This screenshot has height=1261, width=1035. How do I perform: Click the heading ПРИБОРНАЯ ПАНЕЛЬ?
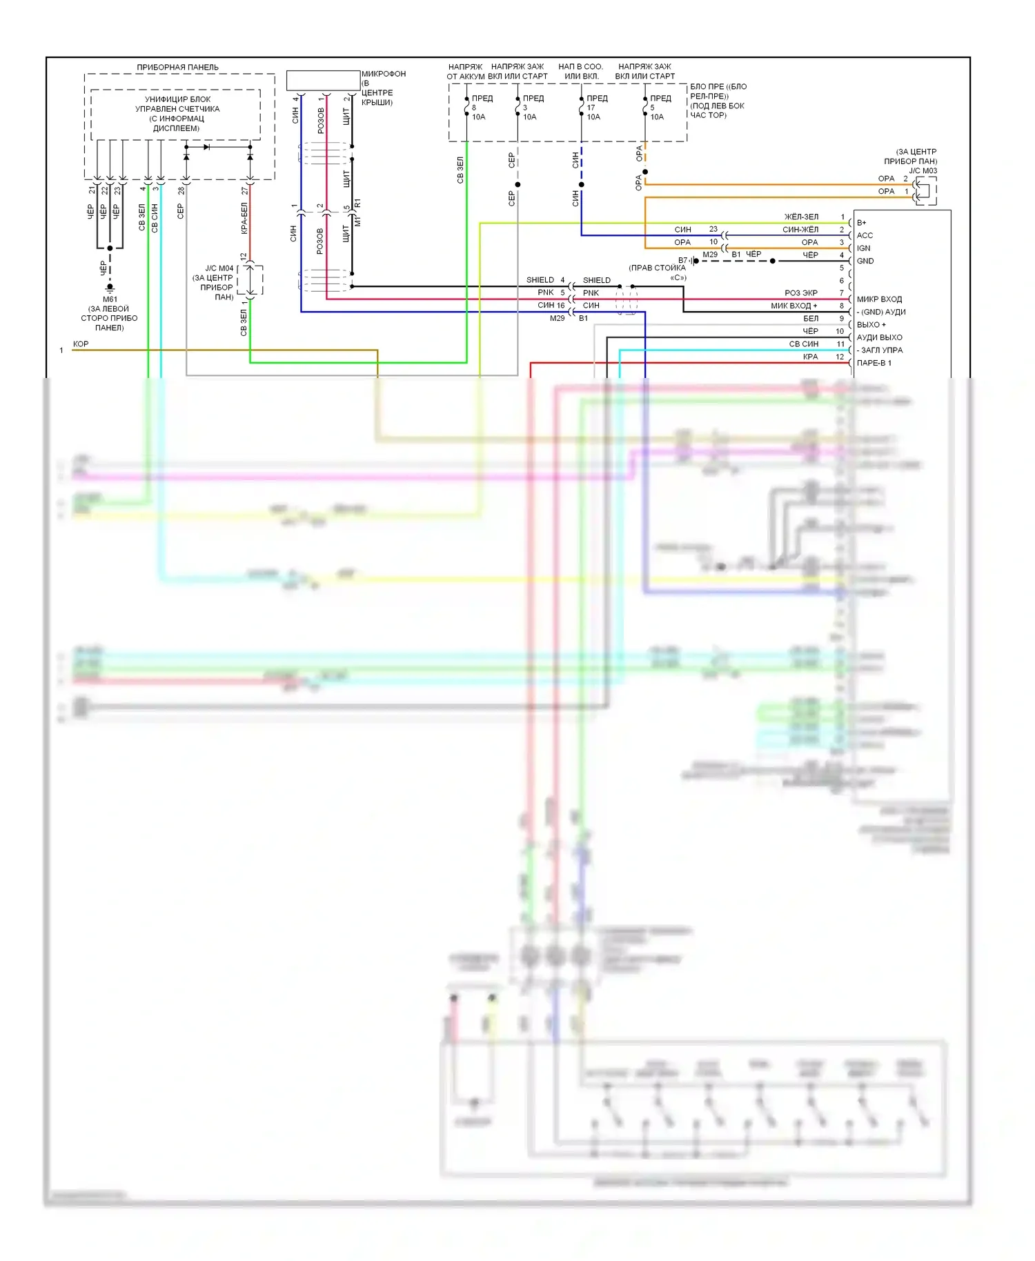point(177,67)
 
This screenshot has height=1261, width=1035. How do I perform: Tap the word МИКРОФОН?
point(384,74)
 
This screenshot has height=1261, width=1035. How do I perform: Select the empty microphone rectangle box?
point(323,80)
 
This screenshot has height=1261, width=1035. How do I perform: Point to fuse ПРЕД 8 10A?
point(479,108)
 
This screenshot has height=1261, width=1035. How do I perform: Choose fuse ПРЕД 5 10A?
point(658,108)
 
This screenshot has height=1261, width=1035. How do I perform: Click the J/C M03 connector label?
point(923,170)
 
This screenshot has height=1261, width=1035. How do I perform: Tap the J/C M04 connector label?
point(219,268)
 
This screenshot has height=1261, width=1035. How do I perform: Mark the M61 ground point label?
point(110,299)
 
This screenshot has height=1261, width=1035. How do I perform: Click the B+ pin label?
point(862,223)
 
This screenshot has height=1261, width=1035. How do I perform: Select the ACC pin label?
point(865,235)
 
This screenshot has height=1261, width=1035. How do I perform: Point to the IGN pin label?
point(863,248)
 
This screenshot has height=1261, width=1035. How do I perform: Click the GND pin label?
point(865,261)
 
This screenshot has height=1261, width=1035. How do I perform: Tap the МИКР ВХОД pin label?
point(879,299)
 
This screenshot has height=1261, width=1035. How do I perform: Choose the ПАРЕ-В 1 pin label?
point(874,363)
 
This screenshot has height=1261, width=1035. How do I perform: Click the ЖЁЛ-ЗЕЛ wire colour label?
point(801,217)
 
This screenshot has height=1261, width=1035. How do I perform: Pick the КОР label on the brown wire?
point(81,344)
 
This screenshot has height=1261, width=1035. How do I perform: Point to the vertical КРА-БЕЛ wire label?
point(244,218)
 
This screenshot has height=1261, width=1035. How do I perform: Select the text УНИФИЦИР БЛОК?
point(177,99)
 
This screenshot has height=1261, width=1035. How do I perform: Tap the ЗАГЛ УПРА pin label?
point(881,350)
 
